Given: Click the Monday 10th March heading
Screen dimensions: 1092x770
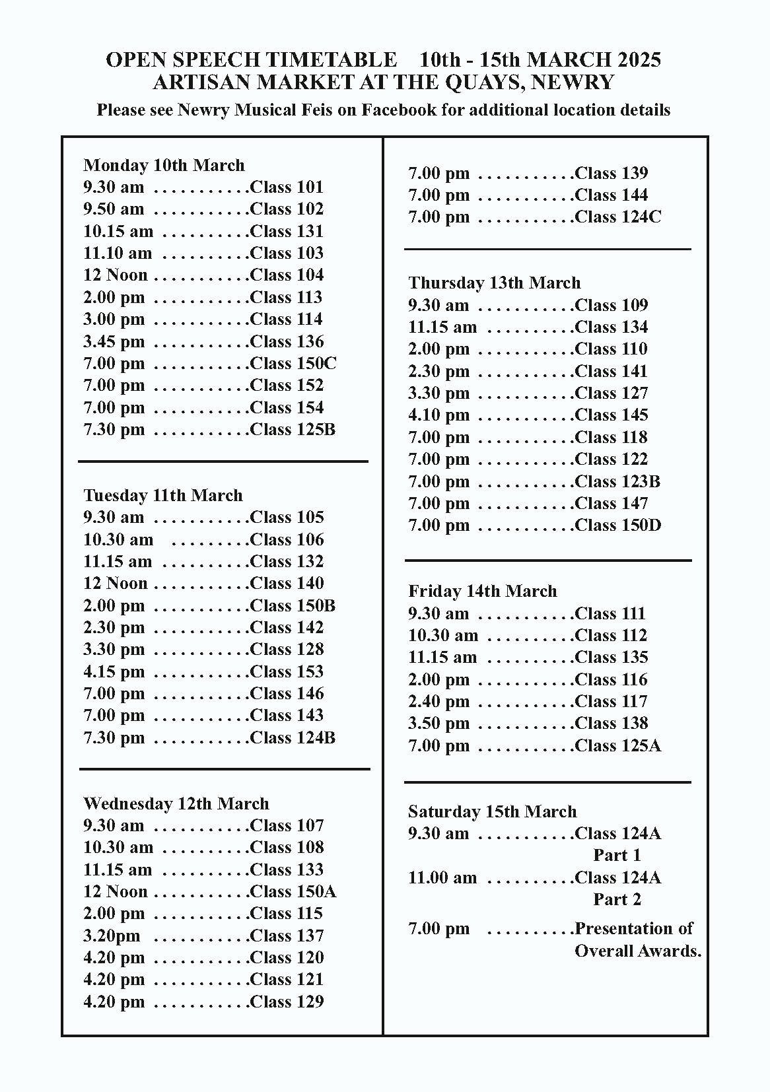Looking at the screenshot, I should point(164,165).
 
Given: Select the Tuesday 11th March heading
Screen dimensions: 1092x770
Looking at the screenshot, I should point(163,495).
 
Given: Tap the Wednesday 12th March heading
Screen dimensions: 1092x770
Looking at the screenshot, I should point(176,803).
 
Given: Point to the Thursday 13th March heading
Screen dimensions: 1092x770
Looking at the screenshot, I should point(494,283).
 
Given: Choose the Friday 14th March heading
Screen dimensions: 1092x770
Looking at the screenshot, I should point(482,591).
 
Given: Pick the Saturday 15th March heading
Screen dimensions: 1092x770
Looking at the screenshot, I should point(492,811).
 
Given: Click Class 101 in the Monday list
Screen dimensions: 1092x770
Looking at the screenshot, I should point(287,187).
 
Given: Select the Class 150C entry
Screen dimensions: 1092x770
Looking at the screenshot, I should point(293,363).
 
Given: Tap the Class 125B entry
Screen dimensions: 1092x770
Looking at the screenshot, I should point(293,429).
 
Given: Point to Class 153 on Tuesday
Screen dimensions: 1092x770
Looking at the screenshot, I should point(287,671).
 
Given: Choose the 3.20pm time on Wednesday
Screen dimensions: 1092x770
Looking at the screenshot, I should point(112,936).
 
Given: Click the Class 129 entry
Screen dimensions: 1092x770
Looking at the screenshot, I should point(287,1002).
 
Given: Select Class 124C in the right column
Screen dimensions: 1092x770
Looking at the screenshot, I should point(617,217).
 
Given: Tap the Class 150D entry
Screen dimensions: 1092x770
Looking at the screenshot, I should point(617,525).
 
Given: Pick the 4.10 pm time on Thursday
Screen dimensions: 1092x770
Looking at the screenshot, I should point(438,415).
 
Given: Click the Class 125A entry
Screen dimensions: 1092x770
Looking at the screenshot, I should point(617,745).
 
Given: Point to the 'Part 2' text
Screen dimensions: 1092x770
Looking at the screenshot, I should point(617,899).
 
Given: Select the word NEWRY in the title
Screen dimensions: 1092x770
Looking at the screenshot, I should point(573,82).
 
